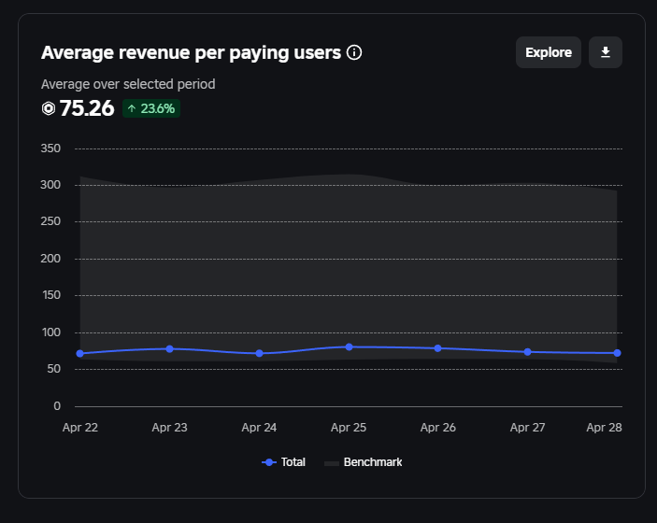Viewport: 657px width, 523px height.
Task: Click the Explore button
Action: pos(549,52)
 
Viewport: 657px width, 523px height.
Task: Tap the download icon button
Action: pos(606,52)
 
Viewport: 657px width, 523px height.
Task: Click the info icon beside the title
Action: pos(354,52)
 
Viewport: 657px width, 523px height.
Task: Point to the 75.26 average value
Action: pos(87,108)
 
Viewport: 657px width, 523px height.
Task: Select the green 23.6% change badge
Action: pos(150,108)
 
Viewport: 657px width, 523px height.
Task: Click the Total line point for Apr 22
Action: pos(80,354)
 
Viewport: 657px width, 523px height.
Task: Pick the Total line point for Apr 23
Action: pos(169,348)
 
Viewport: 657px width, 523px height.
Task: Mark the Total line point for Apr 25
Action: pos(349,346)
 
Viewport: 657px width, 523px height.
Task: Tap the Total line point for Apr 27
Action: pos(528,352)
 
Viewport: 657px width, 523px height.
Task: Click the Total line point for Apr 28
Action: pos(617,353)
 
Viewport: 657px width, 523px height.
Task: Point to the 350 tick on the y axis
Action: pos(50,148)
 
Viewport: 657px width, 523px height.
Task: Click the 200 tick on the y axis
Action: pos(50,259)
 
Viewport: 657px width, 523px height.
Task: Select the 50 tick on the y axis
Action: pos(53,369)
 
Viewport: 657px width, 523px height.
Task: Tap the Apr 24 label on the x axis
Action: pos(259,428)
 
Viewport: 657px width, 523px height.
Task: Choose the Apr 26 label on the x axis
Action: pos(438,428)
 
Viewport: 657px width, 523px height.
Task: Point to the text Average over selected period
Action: pos(128,84)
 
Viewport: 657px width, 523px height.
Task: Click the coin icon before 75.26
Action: pos(49,108)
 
